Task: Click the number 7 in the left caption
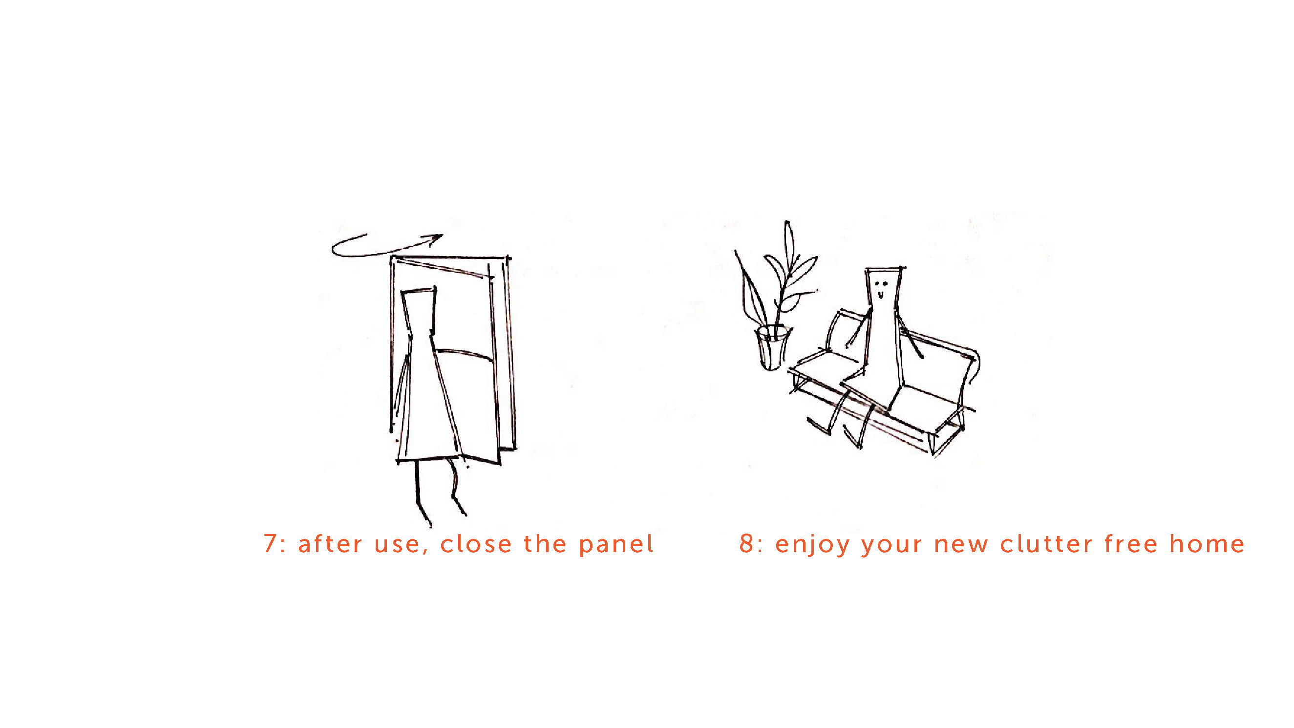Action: click(x=270, y=544)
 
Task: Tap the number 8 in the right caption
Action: click(x=746, y=544)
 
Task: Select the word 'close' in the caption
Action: click(x=476, y=544)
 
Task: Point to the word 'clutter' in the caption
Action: click(x=1046, y=544)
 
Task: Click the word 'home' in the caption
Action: click(x=1207, y=544)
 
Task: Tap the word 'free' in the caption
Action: click(x=1131, y=544)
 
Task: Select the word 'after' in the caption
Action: click(x=330, y=544)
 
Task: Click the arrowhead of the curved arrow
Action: click(x=435, y=238)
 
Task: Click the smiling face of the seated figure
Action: click(x=881, y=289)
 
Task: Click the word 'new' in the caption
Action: click(x=961, y=545)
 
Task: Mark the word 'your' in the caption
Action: click(x=891, y=546)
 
